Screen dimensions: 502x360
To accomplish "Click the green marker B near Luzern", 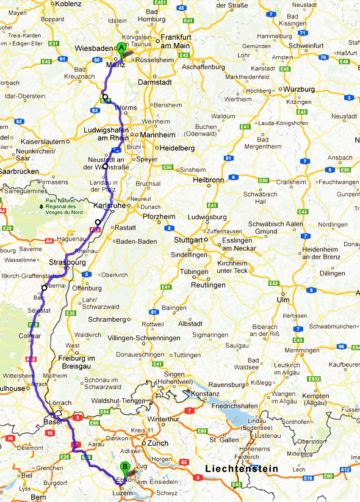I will (125, 468).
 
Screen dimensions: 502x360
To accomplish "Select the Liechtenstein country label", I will (242, 468).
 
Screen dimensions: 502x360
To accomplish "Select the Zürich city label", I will (157, 443).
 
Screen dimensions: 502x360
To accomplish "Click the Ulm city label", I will (283, 300).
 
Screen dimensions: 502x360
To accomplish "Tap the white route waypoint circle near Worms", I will (105, 97).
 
